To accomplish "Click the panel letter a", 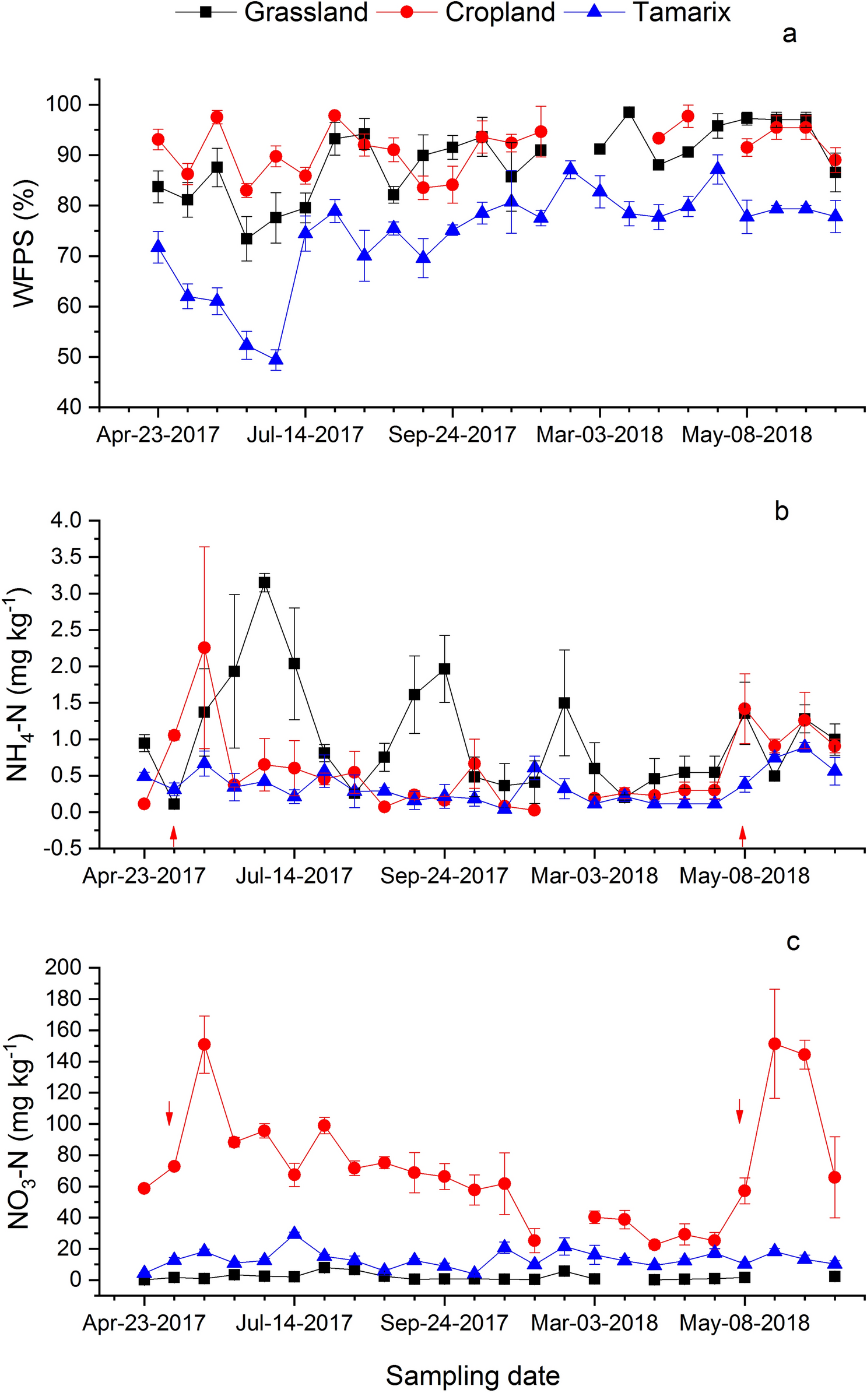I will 789,34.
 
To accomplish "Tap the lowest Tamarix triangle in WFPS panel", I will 276,359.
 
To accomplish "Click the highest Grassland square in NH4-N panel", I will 265,583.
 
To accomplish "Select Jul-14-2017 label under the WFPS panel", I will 305,435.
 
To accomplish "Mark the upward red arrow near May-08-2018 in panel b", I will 742,836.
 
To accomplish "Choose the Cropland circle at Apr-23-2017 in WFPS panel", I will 158,139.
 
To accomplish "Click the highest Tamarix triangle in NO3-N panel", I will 294,1233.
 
